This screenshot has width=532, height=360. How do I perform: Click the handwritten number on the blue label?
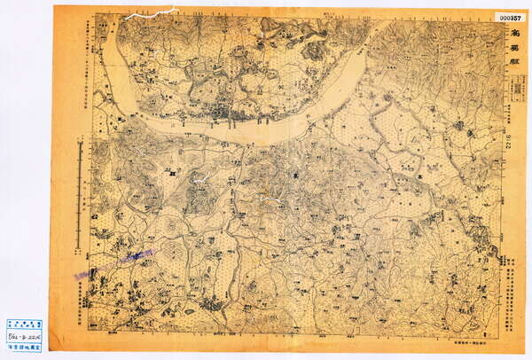[24, 338]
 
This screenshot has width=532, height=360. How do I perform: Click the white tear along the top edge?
[151, 14]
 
